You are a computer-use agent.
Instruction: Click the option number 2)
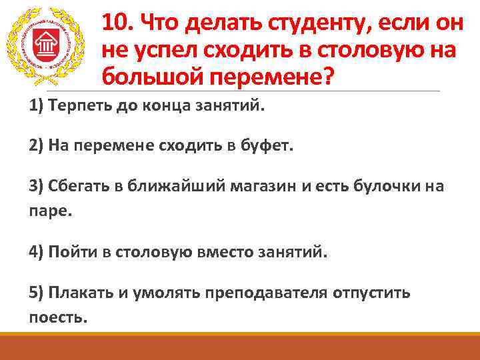[x=37, y=147]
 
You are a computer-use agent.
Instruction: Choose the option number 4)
[x=37, y=253]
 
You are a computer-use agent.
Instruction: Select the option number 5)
[x=37, y=293]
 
